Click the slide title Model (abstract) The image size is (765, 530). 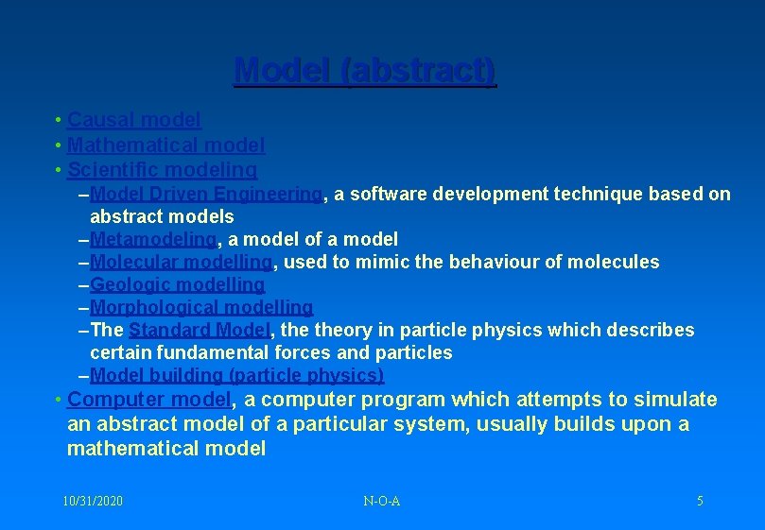tap(364, 71)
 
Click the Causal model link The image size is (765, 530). tap(134, 120)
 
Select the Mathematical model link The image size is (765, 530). tap(166, 145)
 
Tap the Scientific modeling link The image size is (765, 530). tap(163, 170)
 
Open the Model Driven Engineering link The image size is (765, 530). tap(207, 194)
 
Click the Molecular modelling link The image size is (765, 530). tap(183, 262)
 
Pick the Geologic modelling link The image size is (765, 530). tap(178, 284)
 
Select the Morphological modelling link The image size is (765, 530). tap(201, 307)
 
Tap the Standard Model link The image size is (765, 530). tap(200, 330)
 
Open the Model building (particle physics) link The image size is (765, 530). tap(237, 375)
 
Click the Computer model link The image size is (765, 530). tap(149, 400)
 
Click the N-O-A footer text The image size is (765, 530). tap(381, 501)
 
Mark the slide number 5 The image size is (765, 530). tap(700, 501)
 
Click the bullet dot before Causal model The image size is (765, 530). tap(59, 120)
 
